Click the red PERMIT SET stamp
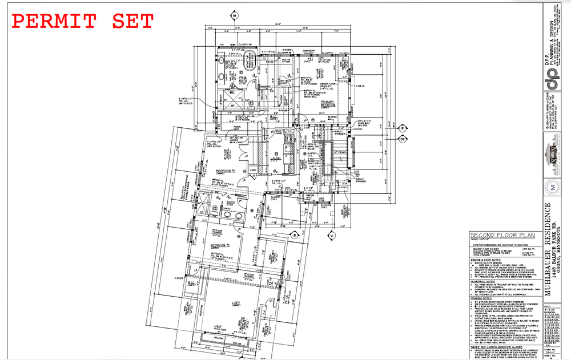[83, 22]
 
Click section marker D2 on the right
[402, 137]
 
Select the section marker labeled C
[331, 234]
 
